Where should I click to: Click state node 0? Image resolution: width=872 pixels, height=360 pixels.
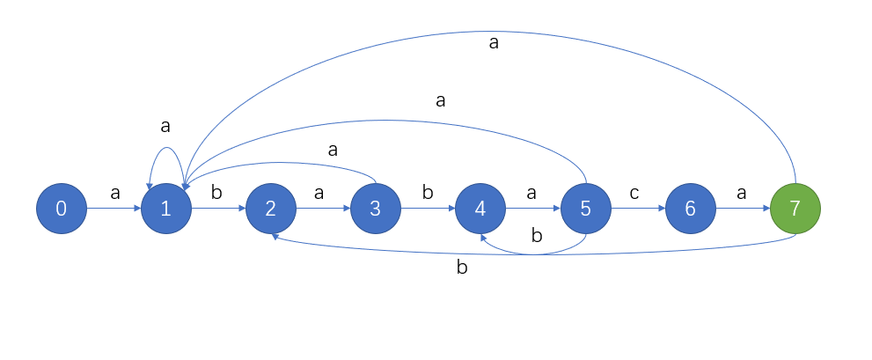tap(61, 209)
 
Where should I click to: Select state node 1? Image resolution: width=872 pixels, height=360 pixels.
tap(166, 209)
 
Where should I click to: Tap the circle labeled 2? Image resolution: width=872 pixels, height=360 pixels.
tap(271, 209)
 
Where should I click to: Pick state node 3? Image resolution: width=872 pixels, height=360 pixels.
tap(376, 209)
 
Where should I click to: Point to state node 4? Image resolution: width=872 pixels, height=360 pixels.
tap(480, 209)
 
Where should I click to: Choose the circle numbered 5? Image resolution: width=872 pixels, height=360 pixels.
tap(586, 209)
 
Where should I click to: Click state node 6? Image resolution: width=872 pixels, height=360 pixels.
tap(691, 209)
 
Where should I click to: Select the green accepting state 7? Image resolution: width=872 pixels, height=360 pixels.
tap(795, 209)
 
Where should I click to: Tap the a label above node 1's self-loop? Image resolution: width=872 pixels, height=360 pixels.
tap(165, 127)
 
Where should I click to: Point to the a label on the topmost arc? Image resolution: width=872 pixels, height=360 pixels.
tap(494, 42)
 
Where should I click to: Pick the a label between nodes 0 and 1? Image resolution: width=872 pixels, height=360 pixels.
tap(114, 193)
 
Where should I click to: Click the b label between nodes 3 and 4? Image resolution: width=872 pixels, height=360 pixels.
tap(429, 192)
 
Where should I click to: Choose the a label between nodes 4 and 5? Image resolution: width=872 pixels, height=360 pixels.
tap(532, 193)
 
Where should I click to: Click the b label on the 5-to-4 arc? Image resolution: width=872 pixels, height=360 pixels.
tap(536, 237)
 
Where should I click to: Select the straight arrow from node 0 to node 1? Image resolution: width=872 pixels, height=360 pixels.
tap(114, 209)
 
